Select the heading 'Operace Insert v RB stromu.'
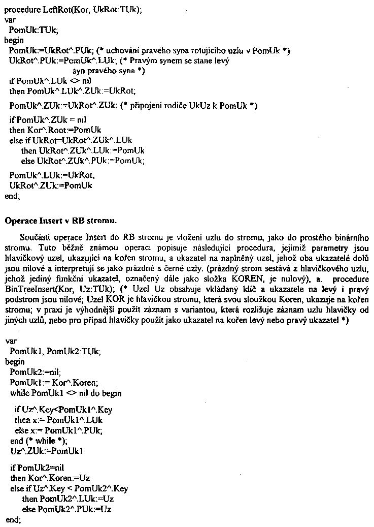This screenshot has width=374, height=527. click(60, 221)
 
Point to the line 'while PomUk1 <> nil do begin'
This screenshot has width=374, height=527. click(65, 393)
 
